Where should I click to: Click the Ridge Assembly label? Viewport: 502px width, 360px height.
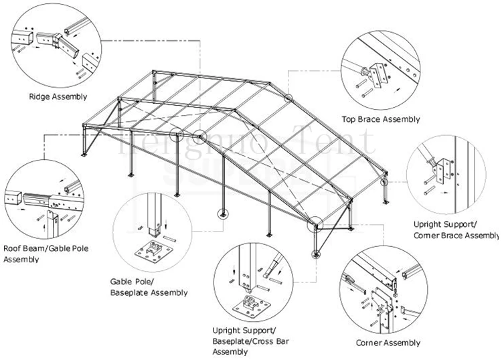point(58,96)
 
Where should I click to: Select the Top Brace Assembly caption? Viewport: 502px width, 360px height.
point(380,119)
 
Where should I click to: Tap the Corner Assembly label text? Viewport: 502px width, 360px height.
point(388,343)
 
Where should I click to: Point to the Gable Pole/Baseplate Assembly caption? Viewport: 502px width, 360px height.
point(148,286)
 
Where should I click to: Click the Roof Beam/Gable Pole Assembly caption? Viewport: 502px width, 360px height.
point(46,254)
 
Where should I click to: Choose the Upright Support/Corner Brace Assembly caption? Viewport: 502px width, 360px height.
point(455,230)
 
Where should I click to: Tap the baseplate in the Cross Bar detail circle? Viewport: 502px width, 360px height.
point(253,307)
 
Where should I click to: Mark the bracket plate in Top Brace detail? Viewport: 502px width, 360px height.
point(380,74)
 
